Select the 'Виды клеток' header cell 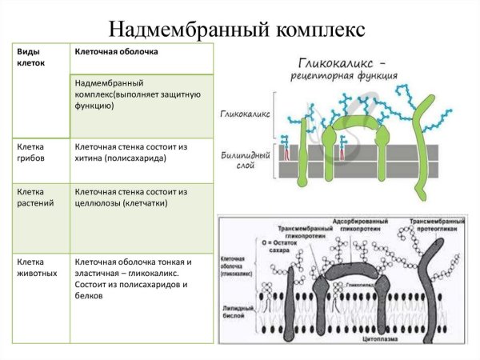pos(31,58)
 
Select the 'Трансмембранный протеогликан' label pos(437,226)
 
